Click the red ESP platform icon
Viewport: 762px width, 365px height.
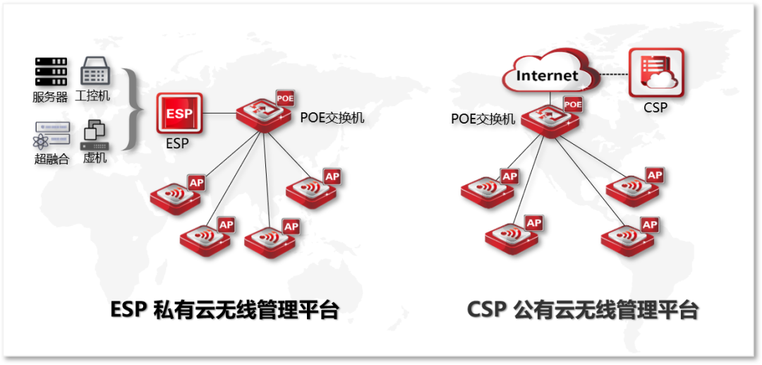pos(179,114)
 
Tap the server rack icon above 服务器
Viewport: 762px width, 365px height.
pos(51,72)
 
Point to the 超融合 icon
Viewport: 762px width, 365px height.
pos(52,136)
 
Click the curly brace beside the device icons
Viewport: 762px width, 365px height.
pos(131,109)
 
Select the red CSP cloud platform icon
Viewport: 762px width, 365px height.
pos(656,73)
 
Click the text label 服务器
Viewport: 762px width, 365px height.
pos(50,97)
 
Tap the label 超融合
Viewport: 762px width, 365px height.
pos(52,159)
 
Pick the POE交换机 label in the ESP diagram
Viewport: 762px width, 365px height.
pos(332,117)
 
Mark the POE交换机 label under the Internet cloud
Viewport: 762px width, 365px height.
pos(483,119)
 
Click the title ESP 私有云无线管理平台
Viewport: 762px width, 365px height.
pos(224,310)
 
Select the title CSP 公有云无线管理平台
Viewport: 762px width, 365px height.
pos(582,310)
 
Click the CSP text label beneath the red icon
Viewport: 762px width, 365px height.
pos(655,108)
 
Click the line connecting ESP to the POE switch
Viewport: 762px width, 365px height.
pos(219,113)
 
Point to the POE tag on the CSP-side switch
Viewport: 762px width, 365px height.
pos(573,104)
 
